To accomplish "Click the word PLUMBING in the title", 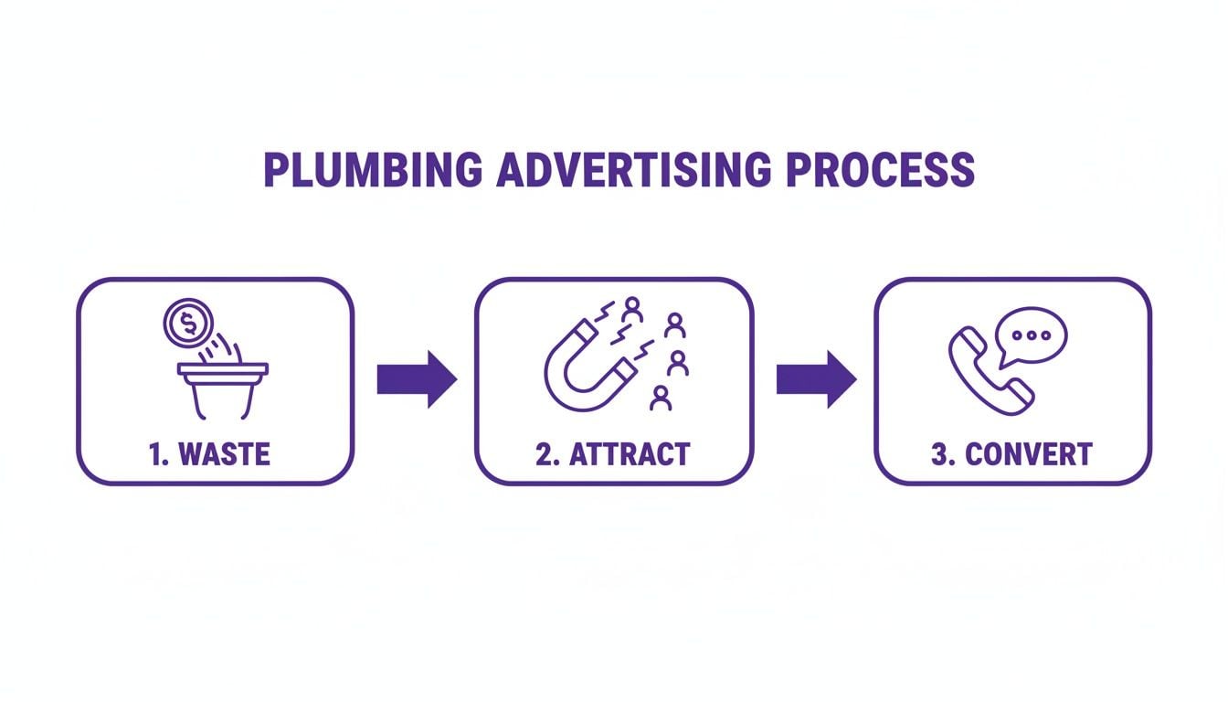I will coord(373,171).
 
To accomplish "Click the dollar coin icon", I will coord(187,323).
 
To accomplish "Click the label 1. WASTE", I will coord(210,453).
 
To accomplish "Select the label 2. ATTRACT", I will coord(613,453).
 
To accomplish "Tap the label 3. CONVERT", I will coord(1011,453).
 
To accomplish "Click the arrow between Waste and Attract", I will coord(417,378).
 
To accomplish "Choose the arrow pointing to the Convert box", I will coord(816,378).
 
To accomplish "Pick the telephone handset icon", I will coord(990,370).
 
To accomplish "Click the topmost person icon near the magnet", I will coord(631,310).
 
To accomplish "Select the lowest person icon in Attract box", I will coord(660,398).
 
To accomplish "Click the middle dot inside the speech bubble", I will coord(1032,335).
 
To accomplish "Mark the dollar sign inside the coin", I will coord(187,323).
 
